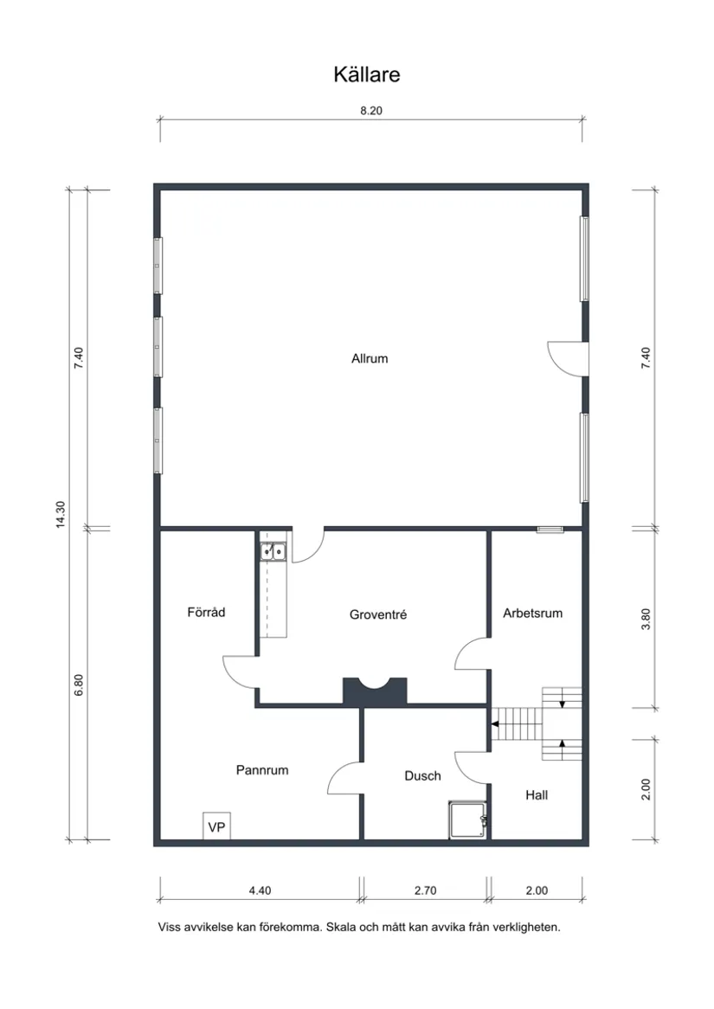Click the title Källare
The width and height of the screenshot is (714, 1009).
pos(366,75)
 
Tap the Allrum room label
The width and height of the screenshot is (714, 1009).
pos(370,358)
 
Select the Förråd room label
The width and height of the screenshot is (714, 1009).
pos(206,613)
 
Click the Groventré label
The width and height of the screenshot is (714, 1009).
pos(378,615)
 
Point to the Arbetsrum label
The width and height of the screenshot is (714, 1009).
pos(532,613)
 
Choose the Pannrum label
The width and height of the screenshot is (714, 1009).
pos(261,769)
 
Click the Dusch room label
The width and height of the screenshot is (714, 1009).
pos(422,776)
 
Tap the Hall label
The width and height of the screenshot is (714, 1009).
pos(537,794)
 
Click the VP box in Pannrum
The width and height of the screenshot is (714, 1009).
pos(216,827)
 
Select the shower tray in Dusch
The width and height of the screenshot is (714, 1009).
pos(468,819)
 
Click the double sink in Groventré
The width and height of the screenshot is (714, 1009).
pos(274,550)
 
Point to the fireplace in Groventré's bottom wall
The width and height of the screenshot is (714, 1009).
pos(375,690)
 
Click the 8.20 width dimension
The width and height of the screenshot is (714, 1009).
pos(370,111)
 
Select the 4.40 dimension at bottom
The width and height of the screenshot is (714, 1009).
pos(260,890)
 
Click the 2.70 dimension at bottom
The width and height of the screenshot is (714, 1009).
pos(424,890)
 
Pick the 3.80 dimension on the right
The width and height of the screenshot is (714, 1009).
pos(646,620)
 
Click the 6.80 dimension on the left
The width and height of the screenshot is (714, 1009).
pos(79,684)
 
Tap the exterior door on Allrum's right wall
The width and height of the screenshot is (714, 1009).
pos(569,357)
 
